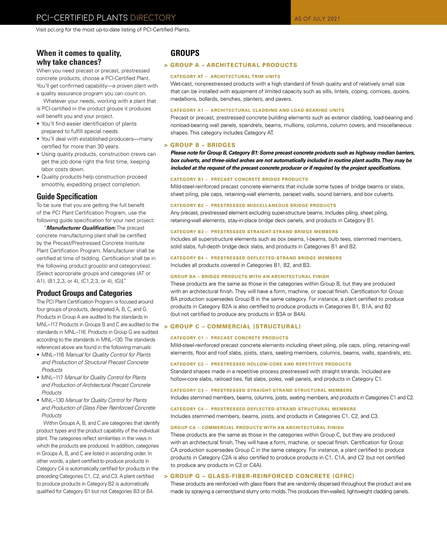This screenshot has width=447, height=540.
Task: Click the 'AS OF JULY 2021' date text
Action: click(317, 19)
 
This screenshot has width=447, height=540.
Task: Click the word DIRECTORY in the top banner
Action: click(153, 18)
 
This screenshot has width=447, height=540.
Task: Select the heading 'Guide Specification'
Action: click(67, 197)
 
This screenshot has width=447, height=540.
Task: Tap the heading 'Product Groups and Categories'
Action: click(84, 293)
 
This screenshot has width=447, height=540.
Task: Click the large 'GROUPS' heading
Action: click(185, 53)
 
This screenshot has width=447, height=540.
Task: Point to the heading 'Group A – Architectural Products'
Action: click(234, 65)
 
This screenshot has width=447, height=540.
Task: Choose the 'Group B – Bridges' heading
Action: click(203, 145)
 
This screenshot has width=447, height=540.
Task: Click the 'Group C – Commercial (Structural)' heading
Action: click(235, 327)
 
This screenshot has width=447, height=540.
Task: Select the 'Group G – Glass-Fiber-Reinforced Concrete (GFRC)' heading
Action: click(262, 476)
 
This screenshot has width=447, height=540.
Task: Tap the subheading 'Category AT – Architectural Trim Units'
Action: click(225, 77)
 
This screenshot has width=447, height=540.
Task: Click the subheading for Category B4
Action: click(256, 258)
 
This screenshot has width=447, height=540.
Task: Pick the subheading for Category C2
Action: click(261, 364)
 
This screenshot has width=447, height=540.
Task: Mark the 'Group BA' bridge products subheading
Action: click(250, 277)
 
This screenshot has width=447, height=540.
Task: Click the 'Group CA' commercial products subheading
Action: click(257, 428)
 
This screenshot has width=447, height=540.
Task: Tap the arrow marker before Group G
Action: click(166, 477)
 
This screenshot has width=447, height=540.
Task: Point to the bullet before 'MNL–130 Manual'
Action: click(38, 401)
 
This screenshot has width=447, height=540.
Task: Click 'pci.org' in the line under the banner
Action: click(56, 30)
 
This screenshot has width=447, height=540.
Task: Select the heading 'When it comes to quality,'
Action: click(79, 53)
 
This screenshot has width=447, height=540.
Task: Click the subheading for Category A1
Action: click(257, 111)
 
